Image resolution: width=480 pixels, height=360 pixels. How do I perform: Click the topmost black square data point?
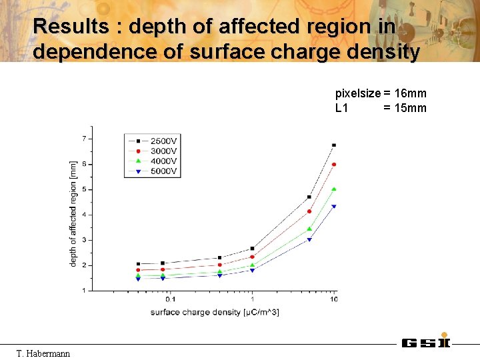click(334, 145)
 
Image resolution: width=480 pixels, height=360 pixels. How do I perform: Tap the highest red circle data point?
click(334, 164)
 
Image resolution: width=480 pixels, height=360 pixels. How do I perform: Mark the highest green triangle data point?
click(334, 189)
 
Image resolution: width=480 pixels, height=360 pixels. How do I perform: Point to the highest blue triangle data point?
click(334, 206)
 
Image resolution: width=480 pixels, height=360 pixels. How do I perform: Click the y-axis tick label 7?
click(83, 139)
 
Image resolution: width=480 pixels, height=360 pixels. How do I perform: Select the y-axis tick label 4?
click(83, 215)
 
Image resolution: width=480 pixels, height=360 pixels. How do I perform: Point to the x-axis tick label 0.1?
click(171, 299)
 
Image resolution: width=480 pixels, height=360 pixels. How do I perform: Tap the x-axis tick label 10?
click(333, 299)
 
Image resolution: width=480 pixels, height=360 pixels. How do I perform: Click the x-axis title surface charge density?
click(215, 312)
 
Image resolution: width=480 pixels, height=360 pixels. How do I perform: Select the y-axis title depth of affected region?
click(73, 213)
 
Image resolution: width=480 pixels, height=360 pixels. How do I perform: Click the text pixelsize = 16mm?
click(381, 93)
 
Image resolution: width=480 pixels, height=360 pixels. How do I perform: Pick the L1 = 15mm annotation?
click(381, 108)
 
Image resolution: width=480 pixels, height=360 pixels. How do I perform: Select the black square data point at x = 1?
click(252, 248)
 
